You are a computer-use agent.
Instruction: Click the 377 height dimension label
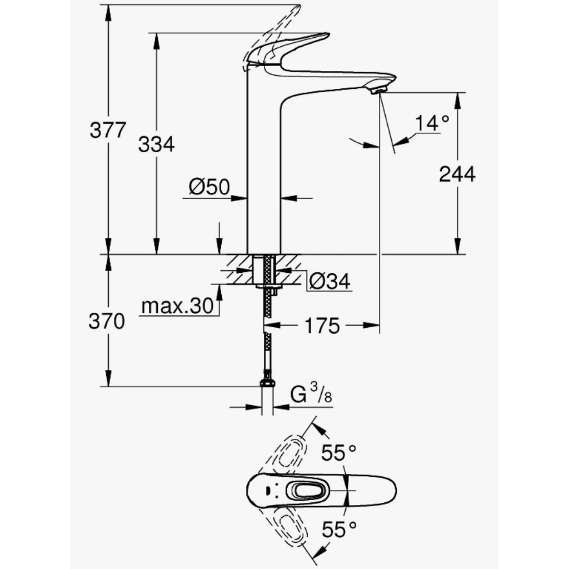(108, 130)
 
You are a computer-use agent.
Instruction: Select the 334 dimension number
(156, 144)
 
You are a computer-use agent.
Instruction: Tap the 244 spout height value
(457, 174)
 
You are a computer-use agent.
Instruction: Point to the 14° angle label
(432, 123)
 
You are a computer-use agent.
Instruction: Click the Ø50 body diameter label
(209, 187)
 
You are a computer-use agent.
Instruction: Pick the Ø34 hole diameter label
(330, 281)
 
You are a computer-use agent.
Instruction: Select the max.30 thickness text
(177, 306)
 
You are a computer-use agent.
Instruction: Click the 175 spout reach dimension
(322, 326)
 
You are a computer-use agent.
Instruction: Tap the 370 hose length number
(107, 322)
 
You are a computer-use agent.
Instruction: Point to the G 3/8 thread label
(311, 394)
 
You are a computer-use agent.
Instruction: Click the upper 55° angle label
(339, 452)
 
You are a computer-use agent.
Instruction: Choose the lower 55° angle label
(339, 529)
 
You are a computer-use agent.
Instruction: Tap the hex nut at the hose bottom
(267, 383)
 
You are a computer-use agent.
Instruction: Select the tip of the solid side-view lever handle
(328, 34)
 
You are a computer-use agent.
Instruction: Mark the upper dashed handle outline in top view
(287, 452)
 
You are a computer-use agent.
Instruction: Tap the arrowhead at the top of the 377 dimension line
(108, 12)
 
